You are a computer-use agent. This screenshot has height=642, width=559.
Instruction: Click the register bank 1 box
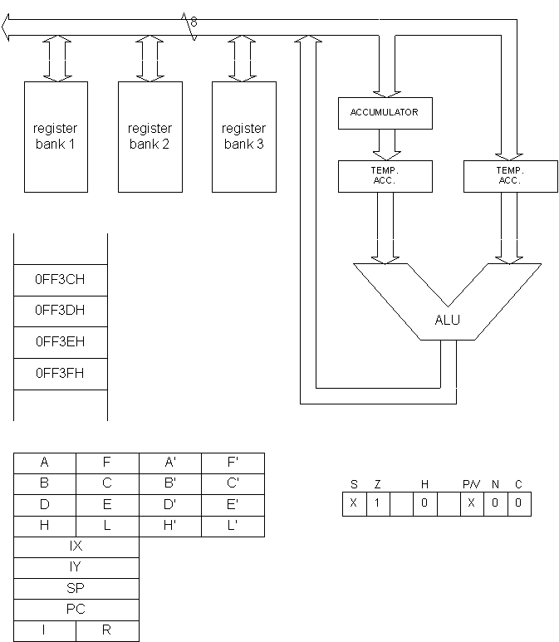pyautogui.click(x=56, y=137)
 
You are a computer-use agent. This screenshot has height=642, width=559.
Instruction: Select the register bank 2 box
pyautogui.click(x=150, y=137)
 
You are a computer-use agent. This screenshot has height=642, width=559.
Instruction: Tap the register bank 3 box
pyautogui.click(x=243, y=137)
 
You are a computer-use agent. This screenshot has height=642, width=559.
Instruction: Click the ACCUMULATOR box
pyautogui.click(x=385, y=113)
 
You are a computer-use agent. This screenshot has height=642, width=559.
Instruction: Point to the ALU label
pyautogui.click(x=447, y=321)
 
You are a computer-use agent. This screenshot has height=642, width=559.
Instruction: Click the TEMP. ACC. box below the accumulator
pyautogui.click(x=385, y=176)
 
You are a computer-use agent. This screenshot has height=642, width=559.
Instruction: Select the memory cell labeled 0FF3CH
pyautogui.click(x=60, y=280)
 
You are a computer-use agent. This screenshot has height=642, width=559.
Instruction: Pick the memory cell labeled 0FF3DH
pyautogui.click(x=60, y=311)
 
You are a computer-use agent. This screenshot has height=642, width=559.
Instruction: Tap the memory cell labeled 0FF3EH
pyautogui.click(x=60, y=342)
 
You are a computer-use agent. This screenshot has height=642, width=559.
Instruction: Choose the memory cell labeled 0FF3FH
pyautogui.click(x=60, y=374)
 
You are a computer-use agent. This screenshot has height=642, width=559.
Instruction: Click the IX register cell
pyautogui.click(x=76, y=547)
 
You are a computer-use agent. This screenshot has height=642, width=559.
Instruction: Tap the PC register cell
pyautogui.click(x=76, y=610)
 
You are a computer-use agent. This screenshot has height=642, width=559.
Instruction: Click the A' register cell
pyautogui.click(x=170, y=463)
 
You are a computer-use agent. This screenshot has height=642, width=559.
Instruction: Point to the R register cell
pyautogui.click(x=107, y=630)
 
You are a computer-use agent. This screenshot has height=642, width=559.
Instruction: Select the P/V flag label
pyautogui.click(x=471, y=484)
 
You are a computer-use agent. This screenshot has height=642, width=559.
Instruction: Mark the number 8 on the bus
pyautogui.click(x=194, y=22)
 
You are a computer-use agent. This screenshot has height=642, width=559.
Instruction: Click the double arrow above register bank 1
pyautogui.click(x=56, y=59)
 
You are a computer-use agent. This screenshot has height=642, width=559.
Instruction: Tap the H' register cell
pyautogui.click(x=170, y=526)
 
